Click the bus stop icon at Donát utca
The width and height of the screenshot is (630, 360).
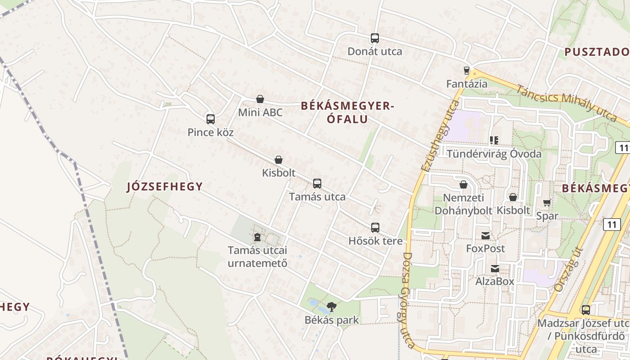click(x=375, y=38)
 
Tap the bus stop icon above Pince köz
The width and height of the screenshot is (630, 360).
click(x=210, y=119)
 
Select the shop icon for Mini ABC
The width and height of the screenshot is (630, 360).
click(x=260, y=99)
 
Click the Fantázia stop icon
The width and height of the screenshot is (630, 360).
click(x=467, y=71)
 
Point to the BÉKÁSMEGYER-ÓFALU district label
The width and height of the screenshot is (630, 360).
click(x=347, y=112)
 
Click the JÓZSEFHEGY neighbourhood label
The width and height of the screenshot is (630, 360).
click(x=165, y=186)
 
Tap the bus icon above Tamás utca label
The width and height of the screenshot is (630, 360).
click(x=317, y=184)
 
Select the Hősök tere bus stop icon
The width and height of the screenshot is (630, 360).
click(x=375, y=228)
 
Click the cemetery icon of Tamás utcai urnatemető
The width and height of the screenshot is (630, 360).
click(x=257, y=237)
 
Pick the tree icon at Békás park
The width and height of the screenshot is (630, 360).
click(x=332, y=307)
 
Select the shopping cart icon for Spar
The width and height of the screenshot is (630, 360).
click(x=547, y=203)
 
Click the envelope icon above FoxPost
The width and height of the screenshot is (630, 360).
click(x=486, y=235)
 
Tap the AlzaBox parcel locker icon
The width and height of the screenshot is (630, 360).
click(x=495, y=269)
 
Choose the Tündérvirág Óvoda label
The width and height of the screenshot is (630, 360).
click(x=494, y=154)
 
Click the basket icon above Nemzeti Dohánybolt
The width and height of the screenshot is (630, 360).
click(x=463, y=184)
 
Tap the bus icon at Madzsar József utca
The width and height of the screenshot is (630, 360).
click(x=585, y=310)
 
